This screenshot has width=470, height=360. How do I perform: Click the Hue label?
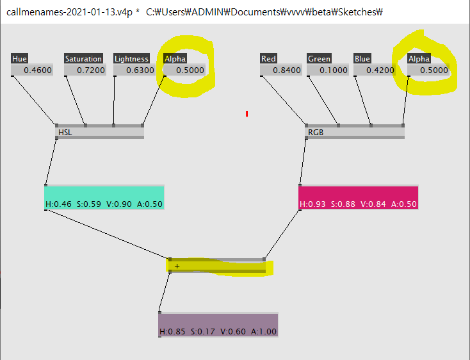pyautogui.click(x=20, y=59)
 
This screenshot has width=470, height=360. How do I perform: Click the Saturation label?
pyautogui.click(x=84, y=59)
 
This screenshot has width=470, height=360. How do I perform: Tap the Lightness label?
pyautogui.click(x=131, y=59)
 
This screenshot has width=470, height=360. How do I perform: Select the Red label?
pyautogui.click(x=269, y=59)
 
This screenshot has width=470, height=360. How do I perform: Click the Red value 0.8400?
pyautogui.click(x=282, y=70)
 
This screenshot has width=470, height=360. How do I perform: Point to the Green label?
pyautogui.click(x=319, y=59)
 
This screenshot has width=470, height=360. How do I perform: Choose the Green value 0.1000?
pyautogui.click(x=329, y=70)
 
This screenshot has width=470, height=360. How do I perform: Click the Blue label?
pyautogui.click(x=362, y=59)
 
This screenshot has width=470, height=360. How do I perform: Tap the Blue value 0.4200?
pyautogui.click(x=377, y=70)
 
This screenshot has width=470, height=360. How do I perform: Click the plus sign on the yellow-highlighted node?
pyautogui.click(x=177, y=266)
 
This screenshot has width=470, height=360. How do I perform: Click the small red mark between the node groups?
pyautogui.click(x=247, y=114)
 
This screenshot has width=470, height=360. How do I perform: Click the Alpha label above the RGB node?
pyautogui.click(x=419, y=59)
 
